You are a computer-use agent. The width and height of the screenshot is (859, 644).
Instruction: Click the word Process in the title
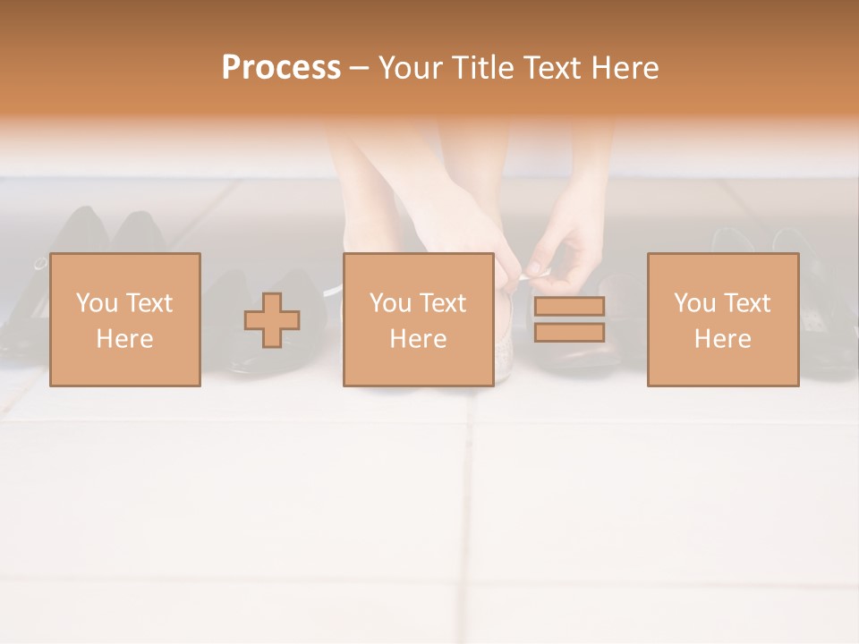(x=281, y=68)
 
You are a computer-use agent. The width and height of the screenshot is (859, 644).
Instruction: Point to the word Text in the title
(x=555, y=68)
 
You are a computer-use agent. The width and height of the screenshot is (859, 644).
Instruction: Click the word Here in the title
(x=625, y=68)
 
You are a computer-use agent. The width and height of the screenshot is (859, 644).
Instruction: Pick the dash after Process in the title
(x=359, y=69)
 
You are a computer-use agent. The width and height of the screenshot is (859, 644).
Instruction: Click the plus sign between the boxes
(x=272, y=320)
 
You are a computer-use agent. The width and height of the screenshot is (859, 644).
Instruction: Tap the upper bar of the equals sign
(x=569, y=306)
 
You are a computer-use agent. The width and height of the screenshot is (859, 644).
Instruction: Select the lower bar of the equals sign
(x=569, y=333)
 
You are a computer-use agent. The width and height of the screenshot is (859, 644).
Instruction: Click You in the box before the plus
(x=98, y=303)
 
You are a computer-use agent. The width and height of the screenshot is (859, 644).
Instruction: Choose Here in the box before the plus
(x=124, y=339)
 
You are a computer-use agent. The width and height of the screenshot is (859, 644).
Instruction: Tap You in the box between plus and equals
(x=391, y=303)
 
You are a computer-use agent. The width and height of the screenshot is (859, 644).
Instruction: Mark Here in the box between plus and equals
(x=418, y=339)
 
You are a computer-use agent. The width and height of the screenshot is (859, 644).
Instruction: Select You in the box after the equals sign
(x=695, y=303)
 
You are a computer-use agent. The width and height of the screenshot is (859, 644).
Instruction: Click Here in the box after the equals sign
(x=722, y=339)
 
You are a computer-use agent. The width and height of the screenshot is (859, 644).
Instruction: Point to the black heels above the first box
(x=107, y=233)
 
